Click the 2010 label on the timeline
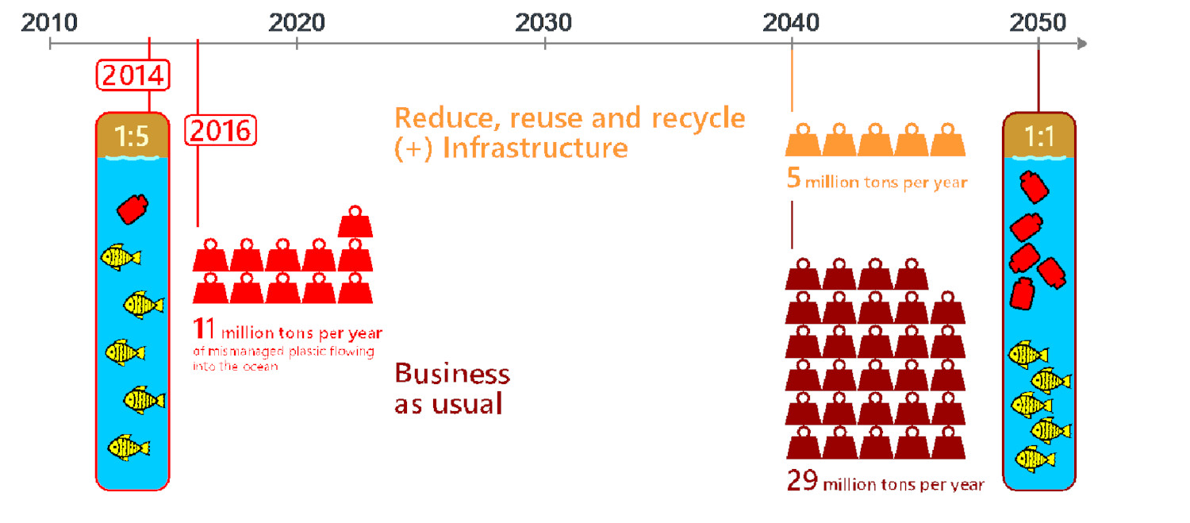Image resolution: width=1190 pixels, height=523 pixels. [49, 22]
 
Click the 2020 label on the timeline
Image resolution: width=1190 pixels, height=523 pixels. [297, 22]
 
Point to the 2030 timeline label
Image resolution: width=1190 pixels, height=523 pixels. [544, 22]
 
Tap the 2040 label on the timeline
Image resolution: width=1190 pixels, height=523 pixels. [792, 22]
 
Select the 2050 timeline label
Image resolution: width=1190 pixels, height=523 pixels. [1038, 22]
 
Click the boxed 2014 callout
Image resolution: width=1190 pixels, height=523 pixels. [132, 76]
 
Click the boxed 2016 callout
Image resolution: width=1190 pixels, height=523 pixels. [221, 129]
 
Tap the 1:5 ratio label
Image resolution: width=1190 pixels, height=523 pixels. [132, 137]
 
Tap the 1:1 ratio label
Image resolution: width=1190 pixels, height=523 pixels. [1039, 137]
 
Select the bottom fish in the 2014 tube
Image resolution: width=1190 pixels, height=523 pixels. [129, 447]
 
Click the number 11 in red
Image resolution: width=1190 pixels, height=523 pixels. [205, 329]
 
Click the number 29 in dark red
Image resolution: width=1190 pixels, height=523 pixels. [802, 481]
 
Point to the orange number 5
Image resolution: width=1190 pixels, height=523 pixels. [793, 179]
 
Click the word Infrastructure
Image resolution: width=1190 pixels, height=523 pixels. [535, 148]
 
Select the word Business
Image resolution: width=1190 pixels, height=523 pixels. [452, 374]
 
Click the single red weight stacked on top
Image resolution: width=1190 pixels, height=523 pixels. [355, 221]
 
